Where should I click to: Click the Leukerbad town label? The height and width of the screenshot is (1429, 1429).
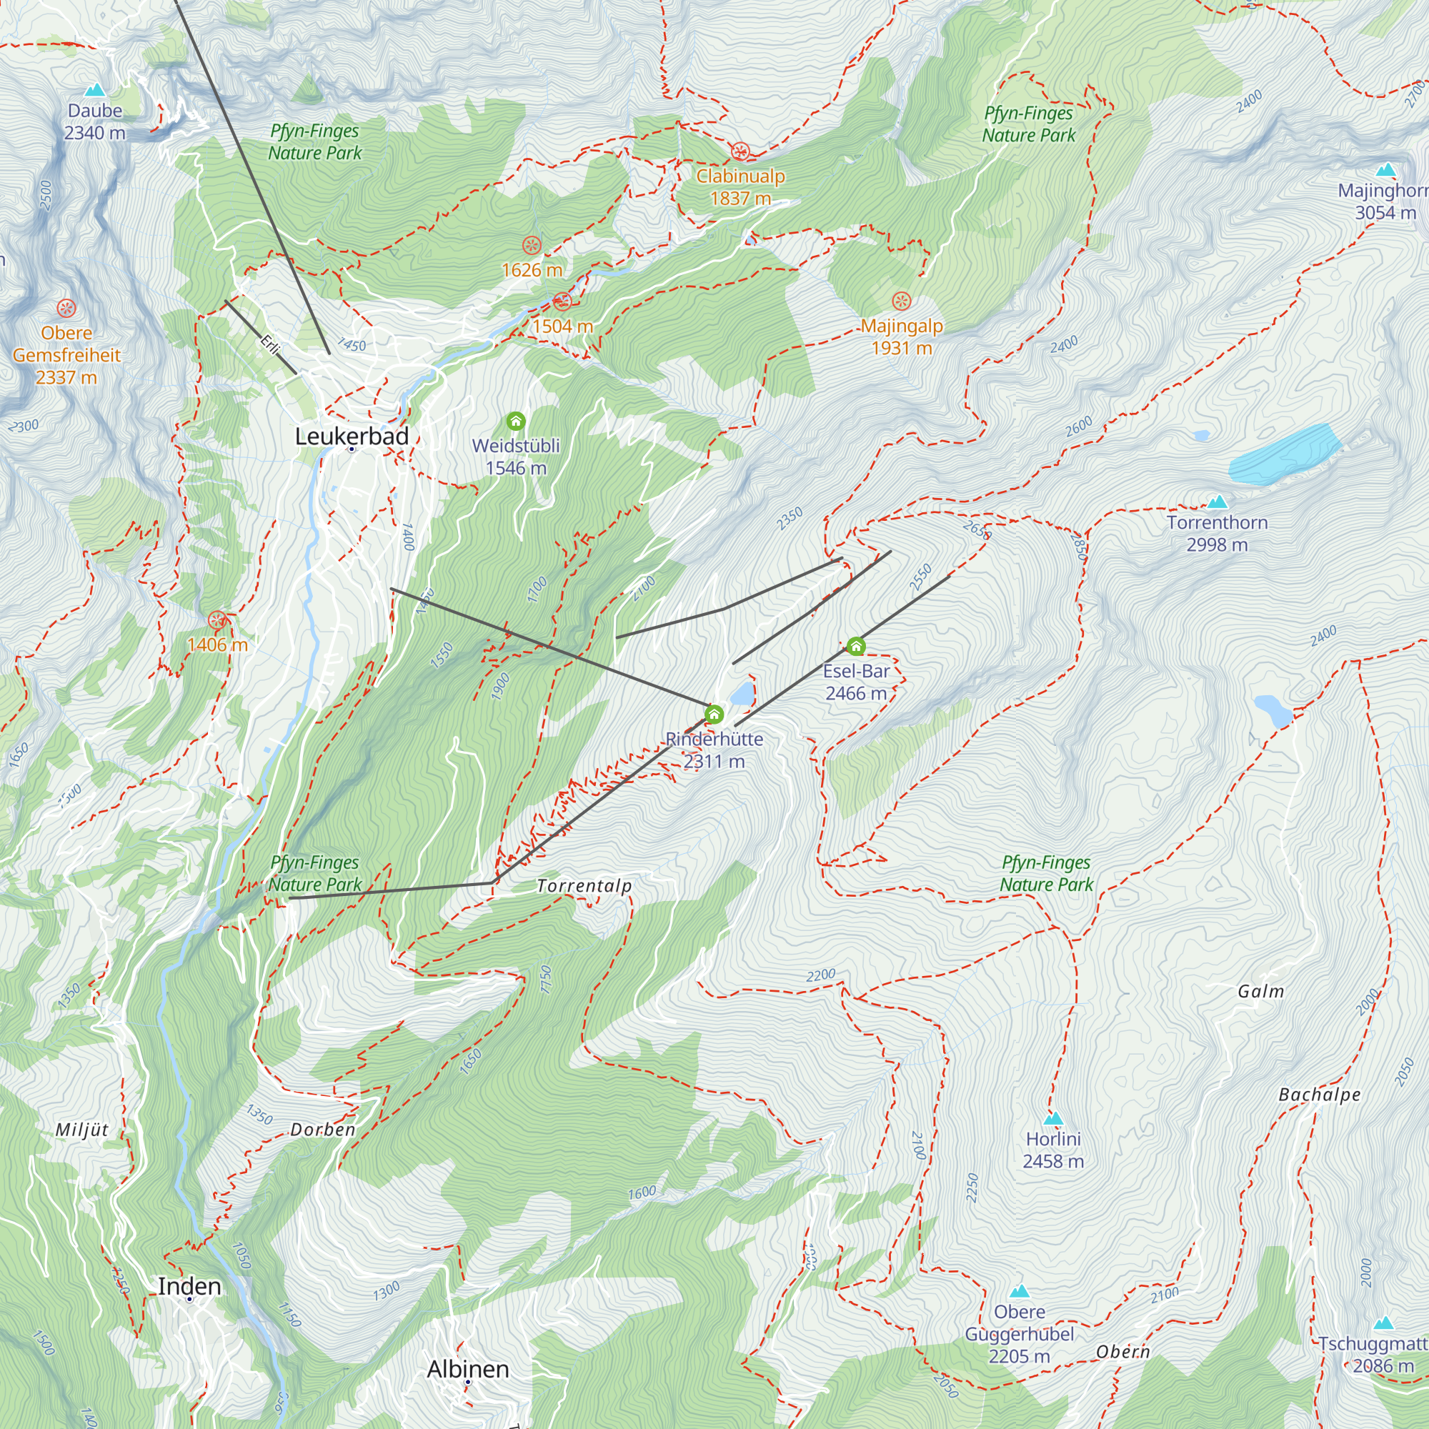352,437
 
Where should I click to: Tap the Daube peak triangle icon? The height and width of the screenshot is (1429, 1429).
95,90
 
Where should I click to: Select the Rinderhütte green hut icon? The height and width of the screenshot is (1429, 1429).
714,714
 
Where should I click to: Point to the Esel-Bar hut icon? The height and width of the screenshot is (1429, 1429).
856,647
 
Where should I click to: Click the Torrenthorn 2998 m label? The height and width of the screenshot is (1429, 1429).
1217,533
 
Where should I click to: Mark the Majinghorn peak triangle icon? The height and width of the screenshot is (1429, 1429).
1386,169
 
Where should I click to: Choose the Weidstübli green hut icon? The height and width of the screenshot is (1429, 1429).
516,422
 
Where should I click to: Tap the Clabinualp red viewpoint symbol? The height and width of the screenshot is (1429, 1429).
740,152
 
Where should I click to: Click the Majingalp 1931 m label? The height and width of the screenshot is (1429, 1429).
901,337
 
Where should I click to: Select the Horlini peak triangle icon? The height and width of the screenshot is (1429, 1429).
1052,1118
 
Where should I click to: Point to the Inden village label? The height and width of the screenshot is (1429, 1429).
189,1286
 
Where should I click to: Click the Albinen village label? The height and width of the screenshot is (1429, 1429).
467,1369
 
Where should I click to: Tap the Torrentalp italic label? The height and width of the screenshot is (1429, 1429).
584,885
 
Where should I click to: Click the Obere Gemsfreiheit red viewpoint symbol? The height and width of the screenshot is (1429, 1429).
66,308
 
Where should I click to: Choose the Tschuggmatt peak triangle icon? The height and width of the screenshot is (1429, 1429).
1383,1323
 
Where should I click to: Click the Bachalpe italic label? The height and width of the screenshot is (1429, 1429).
1319,1095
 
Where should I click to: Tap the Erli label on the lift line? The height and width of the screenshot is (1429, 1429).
269,344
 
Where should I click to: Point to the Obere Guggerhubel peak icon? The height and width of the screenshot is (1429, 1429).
1020,1291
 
